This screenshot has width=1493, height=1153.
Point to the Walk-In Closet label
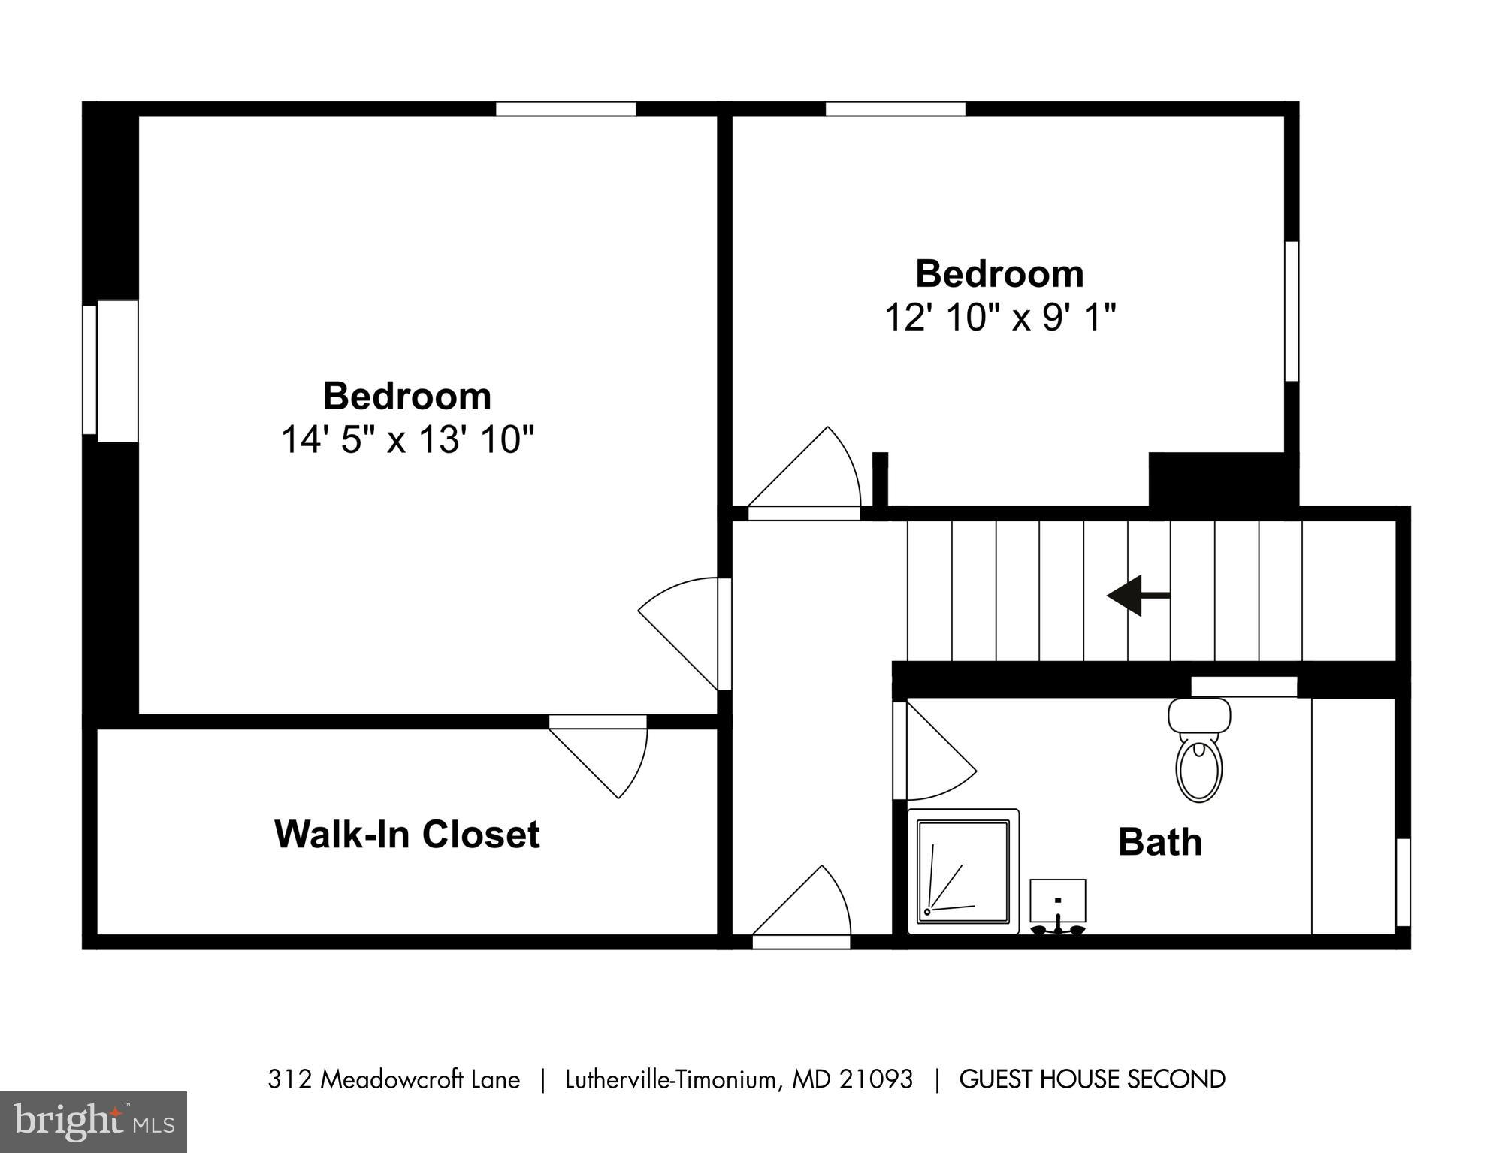pyautogui.click(x=406, y=835)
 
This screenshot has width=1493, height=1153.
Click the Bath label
pyautogui.click(x=1159, y=842)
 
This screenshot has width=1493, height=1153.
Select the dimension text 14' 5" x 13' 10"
pyautogui.click(x=406, y=439)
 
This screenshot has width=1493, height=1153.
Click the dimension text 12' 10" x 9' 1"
pyautogui.click(x=999, y=317)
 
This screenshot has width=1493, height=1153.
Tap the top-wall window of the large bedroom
pyautogui.click(x=565, y=109)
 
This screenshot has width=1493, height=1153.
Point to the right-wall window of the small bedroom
pyautogui.click(x=1291, y=311)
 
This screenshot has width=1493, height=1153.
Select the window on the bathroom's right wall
pyautogui.click(x=1402, y=882)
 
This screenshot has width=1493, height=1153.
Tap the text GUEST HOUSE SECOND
pyautogui.click(x=1092, y=1079)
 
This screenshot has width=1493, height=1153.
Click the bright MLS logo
pyautogui.click(x=93, y=1121)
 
